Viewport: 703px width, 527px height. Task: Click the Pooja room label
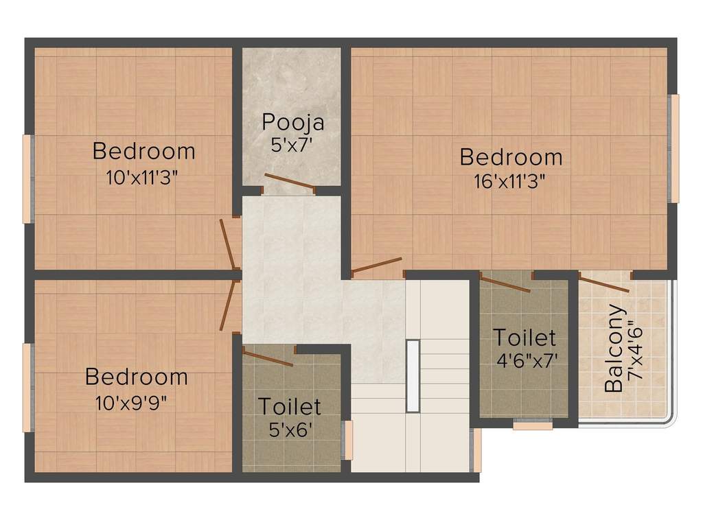[292, 123]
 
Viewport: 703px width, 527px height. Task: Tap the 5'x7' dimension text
[291, 145]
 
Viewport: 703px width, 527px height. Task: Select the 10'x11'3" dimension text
[142, 178]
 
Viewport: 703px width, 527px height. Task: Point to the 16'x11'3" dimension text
[510, 181]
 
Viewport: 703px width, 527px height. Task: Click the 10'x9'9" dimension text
[131, 403]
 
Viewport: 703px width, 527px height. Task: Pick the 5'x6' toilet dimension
[290, 430]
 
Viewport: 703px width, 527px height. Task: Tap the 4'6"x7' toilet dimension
[527, 360]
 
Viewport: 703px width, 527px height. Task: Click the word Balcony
[614, 349]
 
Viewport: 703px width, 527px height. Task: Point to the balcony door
[603, 285]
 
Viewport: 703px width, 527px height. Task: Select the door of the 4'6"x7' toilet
[505, 285]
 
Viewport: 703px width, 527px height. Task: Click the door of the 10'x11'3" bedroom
[227, 244]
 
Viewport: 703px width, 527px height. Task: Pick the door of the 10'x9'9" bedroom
[228, 305]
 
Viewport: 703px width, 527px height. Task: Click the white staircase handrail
[413, 376]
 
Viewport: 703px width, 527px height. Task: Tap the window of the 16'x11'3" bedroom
[674, 148]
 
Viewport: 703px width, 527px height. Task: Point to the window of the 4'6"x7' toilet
[533, 424]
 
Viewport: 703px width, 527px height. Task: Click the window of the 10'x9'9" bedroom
[27, 388]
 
